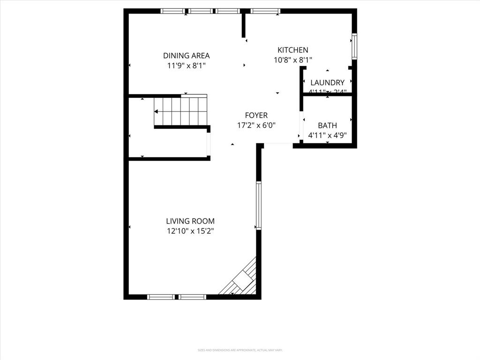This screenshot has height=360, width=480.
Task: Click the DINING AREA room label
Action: coord(186,55)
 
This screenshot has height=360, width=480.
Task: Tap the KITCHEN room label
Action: coord(292,50)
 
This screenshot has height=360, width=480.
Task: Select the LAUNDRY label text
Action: coord(327,82)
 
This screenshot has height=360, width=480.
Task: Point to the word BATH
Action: coord(327,126)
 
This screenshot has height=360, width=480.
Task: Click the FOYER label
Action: coord(256,115)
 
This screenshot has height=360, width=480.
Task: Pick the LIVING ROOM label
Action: coord(190,221)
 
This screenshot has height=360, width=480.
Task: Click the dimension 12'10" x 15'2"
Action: coord(190,231)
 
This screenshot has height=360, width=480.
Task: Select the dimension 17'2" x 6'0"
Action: coord(256,125)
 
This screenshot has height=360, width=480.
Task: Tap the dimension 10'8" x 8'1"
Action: coord(292,60)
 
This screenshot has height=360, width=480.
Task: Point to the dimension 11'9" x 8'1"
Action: coord(186,66)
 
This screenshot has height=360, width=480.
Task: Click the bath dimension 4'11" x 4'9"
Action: coord(327,135)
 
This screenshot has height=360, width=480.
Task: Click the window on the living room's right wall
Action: coord(258,205)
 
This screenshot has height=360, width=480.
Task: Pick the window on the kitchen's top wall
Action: coord(265,11)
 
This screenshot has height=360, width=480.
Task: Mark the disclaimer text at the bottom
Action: coord(240,350)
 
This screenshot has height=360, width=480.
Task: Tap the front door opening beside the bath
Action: coord(278,146)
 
